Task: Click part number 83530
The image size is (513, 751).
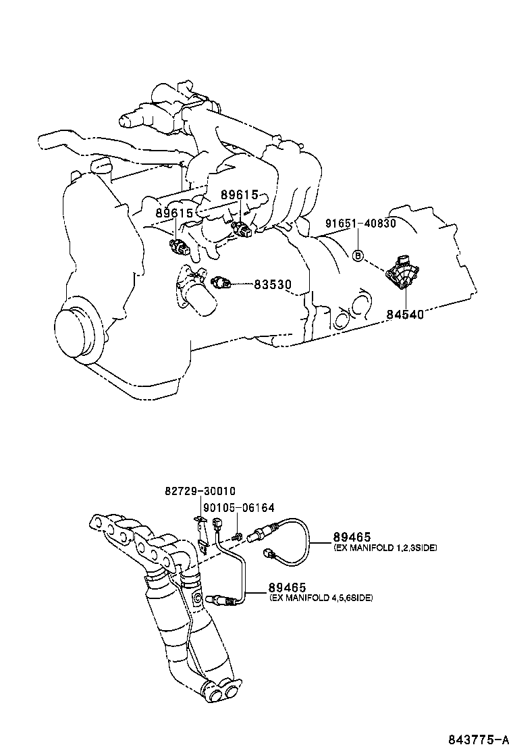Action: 272,285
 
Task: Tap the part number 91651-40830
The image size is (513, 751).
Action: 360,224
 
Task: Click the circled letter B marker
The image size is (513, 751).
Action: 358,255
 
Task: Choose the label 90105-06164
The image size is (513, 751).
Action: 238,507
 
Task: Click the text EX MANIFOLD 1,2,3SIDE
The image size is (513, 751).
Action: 385,548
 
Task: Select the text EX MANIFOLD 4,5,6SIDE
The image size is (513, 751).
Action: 321,598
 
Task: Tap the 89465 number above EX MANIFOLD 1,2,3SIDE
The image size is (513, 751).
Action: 352,537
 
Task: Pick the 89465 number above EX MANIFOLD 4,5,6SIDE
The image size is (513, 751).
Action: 287,588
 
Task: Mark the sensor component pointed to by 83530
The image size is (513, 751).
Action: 221,282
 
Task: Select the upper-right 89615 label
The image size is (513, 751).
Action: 240,195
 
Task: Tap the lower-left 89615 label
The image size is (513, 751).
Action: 175,213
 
